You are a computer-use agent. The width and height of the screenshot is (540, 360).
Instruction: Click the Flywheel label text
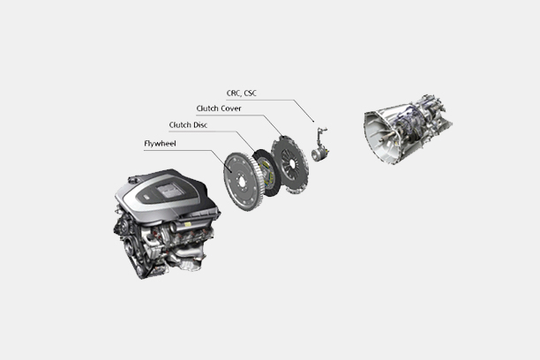tap(160, 143)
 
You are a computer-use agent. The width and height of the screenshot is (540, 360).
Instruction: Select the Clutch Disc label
tap(188, 125)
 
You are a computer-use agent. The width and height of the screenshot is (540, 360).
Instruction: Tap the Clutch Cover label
tap(219, 109)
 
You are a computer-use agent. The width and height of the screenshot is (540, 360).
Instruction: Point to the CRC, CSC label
tap(242, 94)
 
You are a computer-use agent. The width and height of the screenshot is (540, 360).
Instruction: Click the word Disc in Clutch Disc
tap(199, 125)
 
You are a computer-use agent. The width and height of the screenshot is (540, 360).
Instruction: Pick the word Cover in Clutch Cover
tap(231, 109)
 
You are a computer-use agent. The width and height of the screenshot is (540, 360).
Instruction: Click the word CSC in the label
tap(250, 94)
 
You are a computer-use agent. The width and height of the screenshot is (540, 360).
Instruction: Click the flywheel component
tap(242, 181)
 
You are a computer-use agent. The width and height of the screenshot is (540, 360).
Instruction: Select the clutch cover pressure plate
tap(290, 164)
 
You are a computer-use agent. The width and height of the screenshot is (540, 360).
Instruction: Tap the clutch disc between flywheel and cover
tap(266, 172)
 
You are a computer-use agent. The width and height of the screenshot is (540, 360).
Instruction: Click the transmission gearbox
tap(409, 129)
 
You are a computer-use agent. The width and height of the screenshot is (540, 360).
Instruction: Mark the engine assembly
tap(167, 223)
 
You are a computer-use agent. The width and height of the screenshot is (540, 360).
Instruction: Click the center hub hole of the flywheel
tap(241, 181)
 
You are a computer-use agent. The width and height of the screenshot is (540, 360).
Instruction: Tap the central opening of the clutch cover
tap(292, 163)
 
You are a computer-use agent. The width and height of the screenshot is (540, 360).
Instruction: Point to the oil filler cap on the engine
tap(133, 179)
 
